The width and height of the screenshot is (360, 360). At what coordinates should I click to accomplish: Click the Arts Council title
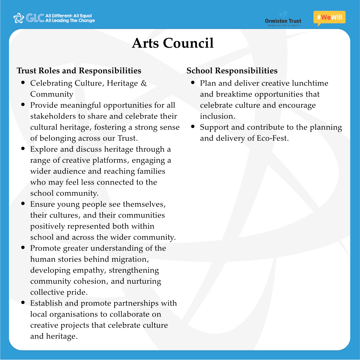173,43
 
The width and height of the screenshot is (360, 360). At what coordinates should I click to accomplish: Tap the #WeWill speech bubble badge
329,18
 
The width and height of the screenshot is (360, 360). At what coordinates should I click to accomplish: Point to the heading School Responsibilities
232,71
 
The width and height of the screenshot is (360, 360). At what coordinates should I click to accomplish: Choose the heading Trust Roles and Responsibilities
79,71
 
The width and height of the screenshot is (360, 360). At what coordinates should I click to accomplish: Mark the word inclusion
217,116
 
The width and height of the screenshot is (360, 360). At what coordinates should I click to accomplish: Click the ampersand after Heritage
144,83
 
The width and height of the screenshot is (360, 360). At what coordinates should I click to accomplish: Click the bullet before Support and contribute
193,127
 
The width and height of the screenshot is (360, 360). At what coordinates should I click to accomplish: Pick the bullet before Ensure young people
23,203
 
